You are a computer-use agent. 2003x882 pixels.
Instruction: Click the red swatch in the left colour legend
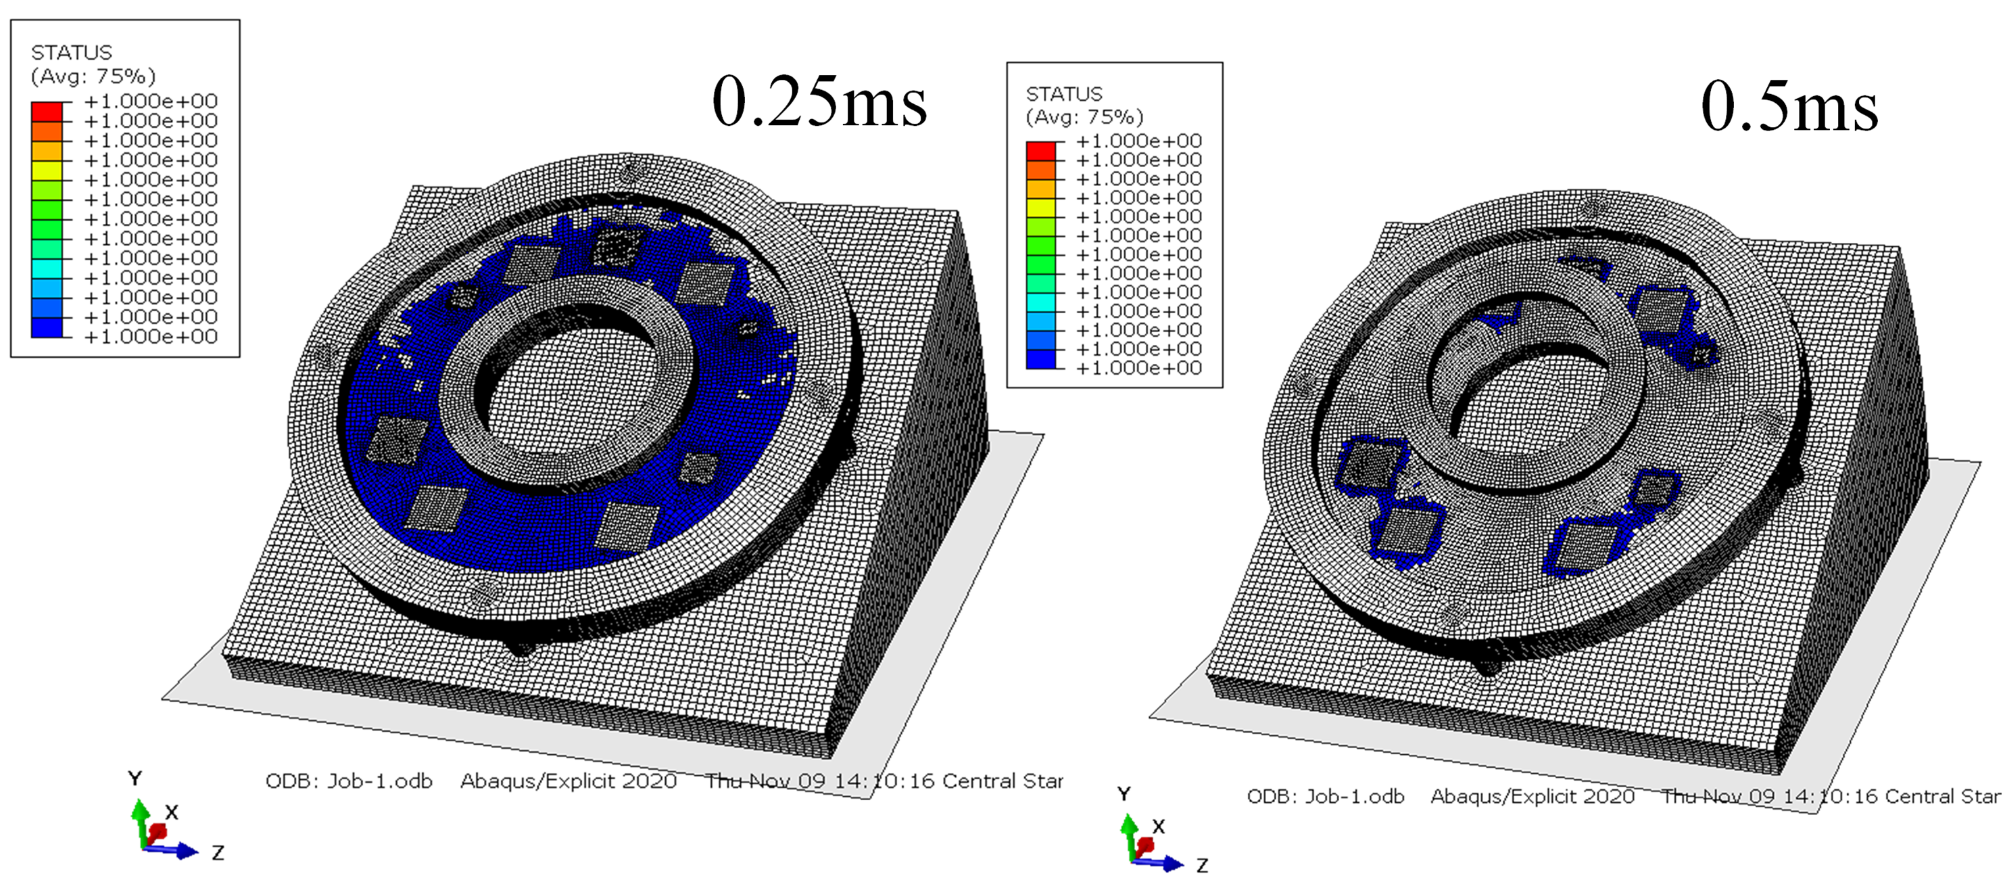tap(47, 112)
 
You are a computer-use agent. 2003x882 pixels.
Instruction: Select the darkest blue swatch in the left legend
tap(47, 327)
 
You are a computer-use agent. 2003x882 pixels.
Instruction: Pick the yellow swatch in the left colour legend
tap(47, 170)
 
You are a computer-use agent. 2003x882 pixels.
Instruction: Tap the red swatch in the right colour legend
tap(1040, 151)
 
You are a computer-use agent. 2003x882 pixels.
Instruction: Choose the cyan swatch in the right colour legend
tap(1040, 302)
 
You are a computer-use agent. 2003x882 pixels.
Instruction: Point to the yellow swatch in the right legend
tap(1040, 208)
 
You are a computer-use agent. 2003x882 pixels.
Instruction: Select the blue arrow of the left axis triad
tap(183, 852)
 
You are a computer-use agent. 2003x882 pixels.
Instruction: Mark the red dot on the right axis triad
tap(1144, 845)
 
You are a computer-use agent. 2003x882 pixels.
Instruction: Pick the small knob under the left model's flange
tap(519, 647)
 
